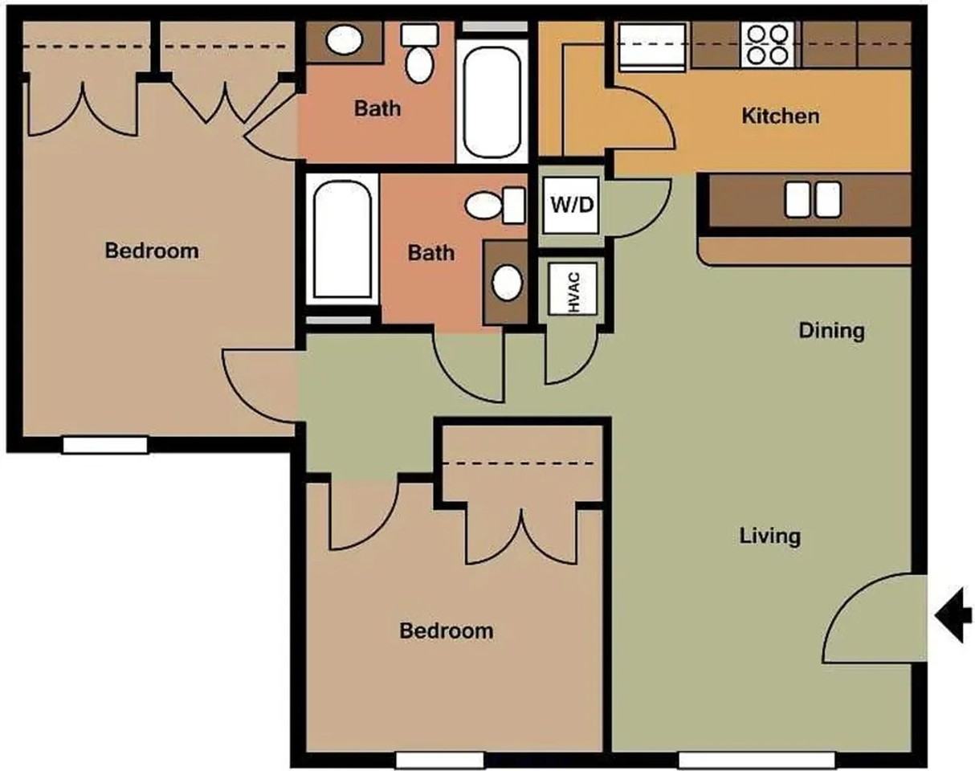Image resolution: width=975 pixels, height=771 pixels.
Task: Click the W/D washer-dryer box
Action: click(571, 206)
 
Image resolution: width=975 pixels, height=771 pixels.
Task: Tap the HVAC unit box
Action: click(573, 288)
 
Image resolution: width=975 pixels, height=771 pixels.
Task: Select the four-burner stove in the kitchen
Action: click(768, 44)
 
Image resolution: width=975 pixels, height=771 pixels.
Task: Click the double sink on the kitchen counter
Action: click(813, 199)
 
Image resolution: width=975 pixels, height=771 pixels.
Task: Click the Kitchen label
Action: click(780, 116)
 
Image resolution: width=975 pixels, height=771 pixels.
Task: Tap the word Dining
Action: click(831, 331)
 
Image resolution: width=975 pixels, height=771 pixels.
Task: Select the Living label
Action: click(769, 536)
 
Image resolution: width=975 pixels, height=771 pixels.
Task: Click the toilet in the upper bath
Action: click(419, 54)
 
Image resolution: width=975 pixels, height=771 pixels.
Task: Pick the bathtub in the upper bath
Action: click(492, 101)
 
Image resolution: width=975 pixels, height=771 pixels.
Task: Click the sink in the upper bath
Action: click(345, 40)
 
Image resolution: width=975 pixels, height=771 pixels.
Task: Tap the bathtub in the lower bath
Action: click(342, 239)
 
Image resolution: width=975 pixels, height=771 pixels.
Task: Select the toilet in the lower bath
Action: click(495, 206)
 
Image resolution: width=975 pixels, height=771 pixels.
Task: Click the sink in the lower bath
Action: click(507, 283)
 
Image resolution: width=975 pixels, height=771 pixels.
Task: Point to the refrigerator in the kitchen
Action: click(651, 47)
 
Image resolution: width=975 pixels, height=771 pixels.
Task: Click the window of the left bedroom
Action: click(105, 445)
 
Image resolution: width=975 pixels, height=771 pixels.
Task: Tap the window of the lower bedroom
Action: click(440, 760)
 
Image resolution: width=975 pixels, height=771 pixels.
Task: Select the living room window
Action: click(757, 760)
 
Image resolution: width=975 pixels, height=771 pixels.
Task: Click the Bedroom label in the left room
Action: click(152, 251)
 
